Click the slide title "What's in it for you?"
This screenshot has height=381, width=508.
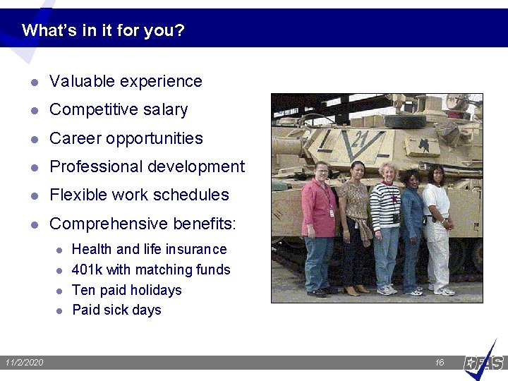pos(103,31)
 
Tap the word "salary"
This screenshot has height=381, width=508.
pos(164,110)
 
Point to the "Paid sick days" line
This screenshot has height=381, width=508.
pos(116,310)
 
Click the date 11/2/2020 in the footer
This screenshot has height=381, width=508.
pos(24,363)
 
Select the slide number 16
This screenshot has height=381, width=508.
pos(440,363)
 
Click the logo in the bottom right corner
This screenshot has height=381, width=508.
pos(485,361)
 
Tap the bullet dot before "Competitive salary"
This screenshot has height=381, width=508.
pos(33,111)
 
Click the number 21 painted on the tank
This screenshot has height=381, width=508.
pos(360,138)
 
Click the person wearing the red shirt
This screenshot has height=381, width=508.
pos(320,226)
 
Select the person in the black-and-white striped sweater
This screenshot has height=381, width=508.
pos(385,226)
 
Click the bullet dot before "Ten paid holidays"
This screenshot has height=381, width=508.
pos(60,291)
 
